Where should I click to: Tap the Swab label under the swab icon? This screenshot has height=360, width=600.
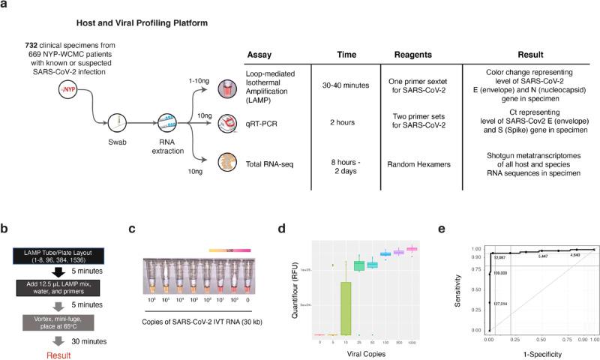[x=115, y=148]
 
